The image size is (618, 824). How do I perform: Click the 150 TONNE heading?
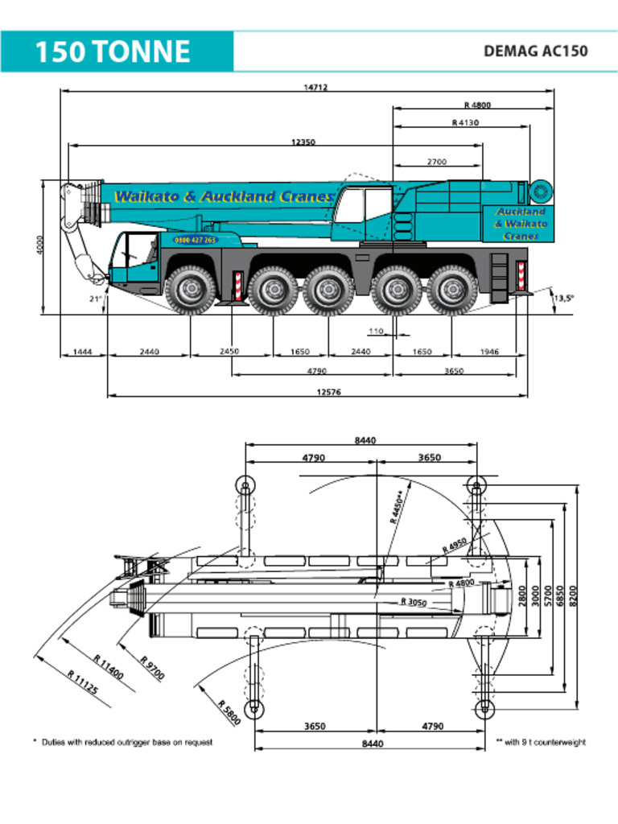112,52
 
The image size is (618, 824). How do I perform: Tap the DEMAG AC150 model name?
535,51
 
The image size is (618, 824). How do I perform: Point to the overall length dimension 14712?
315,88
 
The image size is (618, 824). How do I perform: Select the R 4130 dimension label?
465,123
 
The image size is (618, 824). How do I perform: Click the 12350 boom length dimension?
303,142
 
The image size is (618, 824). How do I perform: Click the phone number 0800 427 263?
196,240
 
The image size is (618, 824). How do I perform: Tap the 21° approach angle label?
95,299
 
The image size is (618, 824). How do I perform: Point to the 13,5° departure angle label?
563,298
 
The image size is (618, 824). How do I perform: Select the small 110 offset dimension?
376,332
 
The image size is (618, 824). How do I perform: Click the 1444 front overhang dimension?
82,352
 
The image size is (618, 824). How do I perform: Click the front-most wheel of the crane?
190,290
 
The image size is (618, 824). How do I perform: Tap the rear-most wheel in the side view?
451,290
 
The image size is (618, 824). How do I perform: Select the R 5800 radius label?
229,713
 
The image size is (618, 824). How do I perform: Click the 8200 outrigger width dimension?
574,596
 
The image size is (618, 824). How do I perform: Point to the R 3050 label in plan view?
414,602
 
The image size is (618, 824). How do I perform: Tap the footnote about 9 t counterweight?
541,742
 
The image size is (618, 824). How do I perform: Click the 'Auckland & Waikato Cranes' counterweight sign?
521,224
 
